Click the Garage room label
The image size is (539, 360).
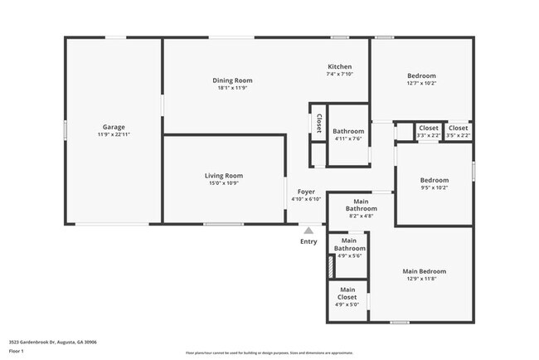coord(114,128)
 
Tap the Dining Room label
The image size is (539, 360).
coord(233,80)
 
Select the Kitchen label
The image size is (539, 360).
coord(340,66)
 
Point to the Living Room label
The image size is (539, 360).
coord(223,176)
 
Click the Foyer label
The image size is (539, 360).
coord(306,192)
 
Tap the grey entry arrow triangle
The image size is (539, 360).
coord(308,230)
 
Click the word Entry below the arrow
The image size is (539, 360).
coord(308,241)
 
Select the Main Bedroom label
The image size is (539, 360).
coord(424,271)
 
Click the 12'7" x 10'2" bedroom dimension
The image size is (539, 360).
coord(422,83)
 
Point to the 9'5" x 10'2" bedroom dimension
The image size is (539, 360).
coord(434,187)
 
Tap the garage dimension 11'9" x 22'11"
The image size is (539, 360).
coord(114,134)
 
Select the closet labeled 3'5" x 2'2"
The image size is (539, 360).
coord(458,135)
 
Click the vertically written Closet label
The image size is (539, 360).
coord(318,123)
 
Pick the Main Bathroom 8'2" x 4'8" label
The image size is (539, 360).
coord(361,208)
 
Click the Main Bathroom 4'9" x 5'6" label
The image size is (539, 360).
coord(349,248)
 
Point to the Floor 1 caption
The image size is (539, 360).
coord(17,352)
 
